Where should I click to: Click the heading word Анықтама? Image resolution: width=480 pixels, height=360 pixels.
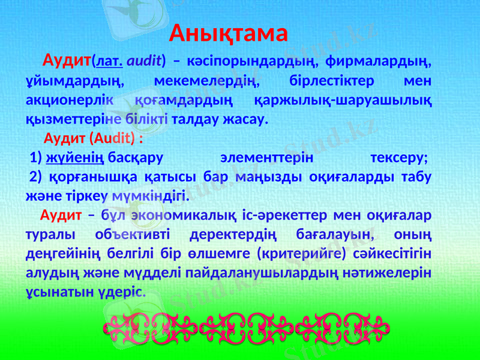(229, 33)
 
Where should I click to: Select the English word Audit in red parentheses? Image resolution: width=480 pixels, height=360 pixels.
(111, 139)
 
